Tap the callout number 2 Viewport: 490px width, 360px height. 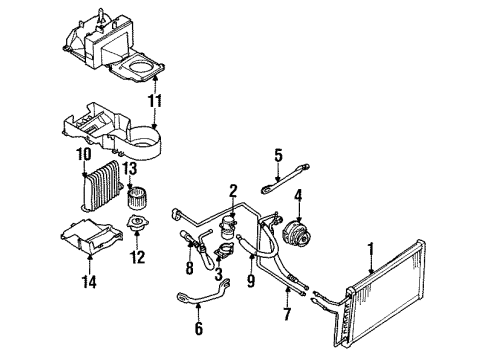point(232,190)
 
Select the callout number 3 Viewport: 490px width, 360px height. point(219,274)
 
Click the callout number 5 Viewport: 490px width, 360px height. point(279,154)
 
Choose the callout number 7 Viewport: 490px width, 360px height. point(289,316)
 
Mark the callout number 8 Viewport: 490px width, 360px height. point(187,268)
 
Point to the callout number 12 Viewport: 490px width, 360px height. point(137,256)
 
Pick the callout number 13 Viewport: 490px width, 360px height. point(131,169)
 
